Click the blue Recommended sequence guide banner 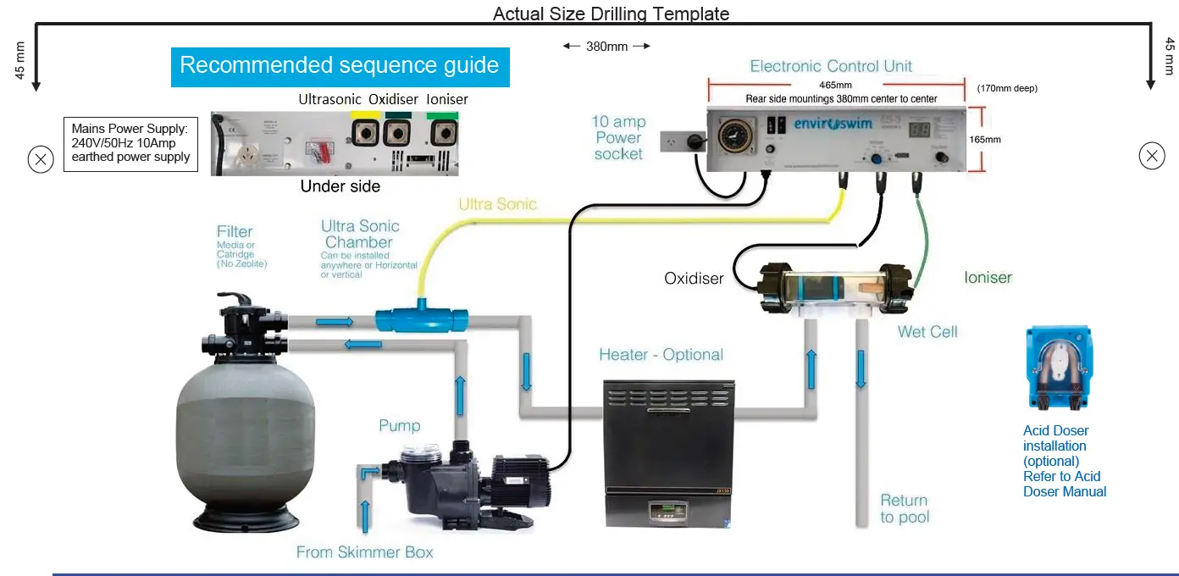pyautogui.click(x=340, y=66)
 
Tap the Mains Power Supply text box pyautogui.click(x=130, y=142)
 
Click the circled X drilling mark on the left pyautogui.click(x=41, y=159)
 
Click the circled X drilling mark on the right pyautogui.click(x=1151, y=156)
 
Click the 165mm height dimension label pyautogui.click(x=986, y=139)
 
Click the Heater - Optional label pyautogui.click(x=661, y=355)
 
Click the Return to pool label pyautogui.click(x=904, y=508)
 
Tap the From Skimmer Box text pyautogui.click(x=364, y=552)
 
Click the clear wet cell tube pyautogui.click(x=834, y=291)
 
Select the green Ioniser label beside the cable pyautogui.click(x=988, y=277)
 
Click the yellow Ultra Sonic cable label pyautogui.click(x=497, y=204)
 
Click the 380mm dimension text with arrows pyautogui.click(x=606, y=47)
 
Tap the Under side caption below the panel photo pyautogui.click(x=340, y=186)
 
